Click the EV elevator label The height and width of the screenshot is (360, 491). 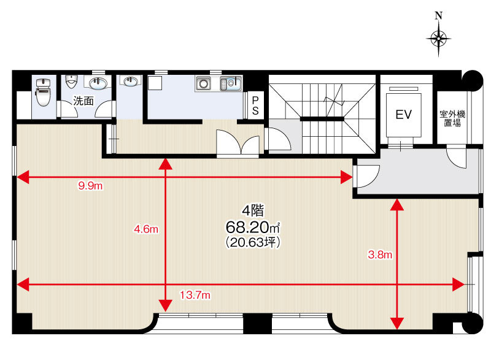click(403, 115)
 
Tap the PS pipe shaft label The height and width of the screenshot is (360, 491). click(255, 105)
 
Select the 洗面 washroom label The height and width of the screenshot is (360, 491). click(83, 101)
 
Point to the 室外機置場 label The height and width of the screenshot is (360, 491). click(452, 118)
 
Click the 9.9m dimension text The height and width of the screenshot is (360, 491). click(90, 186)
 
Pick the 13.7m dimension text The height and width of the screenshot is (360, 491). click(195, 294)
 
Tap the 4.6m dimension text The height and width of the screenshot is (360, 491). click(146, 229)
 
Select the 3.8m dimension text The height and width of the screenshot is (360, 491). click(380, 255)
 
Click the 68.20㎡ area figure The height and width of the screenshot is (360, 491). click(252, 228)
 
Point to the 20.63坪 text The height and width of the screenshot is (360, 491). click(252, 242)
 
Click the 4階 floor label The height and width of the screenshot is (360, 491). click(253, 210)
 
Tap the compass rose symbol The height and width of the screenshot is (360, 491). click(438, 39)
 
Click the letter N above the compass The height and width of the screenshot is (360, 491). click(439, 15)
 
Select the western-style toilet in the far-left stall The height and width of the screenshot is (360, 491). click(43, 92)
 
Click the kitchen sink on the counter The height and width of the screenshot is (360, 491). click(231, 83)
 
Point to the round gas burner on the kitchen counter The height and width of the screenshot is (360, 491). click(203, 83)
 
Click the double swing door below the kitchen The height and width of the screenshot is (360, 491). click(238, 142)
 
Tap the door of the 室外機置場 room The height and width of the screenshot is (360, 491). click(457, 158)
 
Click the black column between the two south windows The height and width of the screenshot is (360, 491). click(257, 323)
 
